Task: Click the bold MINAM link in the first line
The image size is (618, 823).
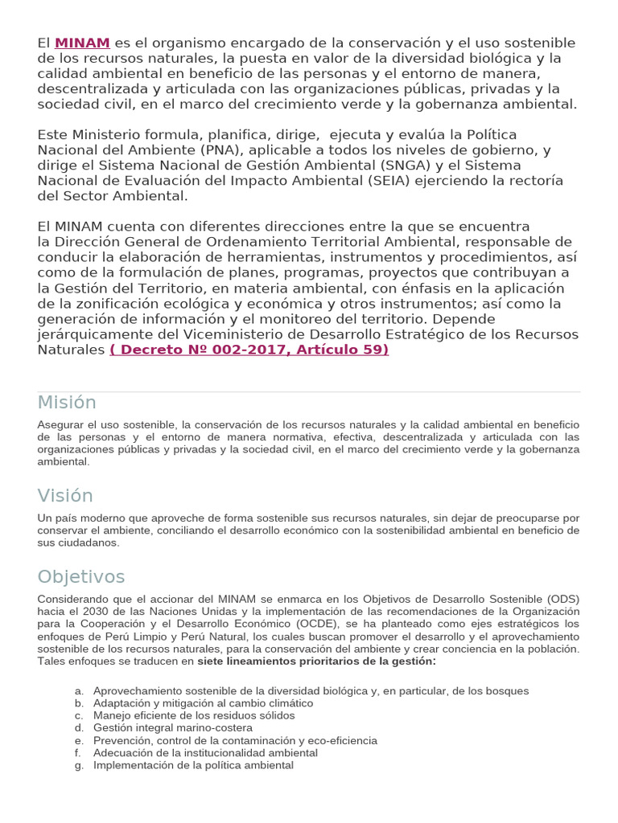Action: [82, 43]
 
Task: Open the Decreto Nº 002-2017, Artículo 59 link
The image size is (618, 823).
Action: [249, 350]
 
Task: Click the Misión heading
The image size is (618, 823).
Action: [67, 403]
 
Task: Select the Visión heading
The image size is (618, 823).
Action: [65, 495]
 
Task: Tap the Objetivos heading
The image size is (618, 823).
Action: [81, 577]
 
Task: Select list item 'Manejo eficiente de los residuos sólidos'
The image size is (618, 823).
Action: [194, 715]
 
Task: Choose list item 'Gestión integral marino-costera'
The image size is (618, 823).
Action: [173, 728]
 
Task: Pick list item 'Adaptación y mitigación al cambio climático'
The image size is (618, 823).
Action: [203, 703]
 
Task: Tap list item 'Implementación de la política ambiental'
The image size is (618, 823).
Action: [193, 765]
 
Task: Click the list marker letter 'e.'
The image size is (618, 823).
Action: [78, 740]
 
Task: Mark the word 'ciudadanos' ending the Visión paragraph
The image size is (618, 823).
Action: [91, 543]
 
